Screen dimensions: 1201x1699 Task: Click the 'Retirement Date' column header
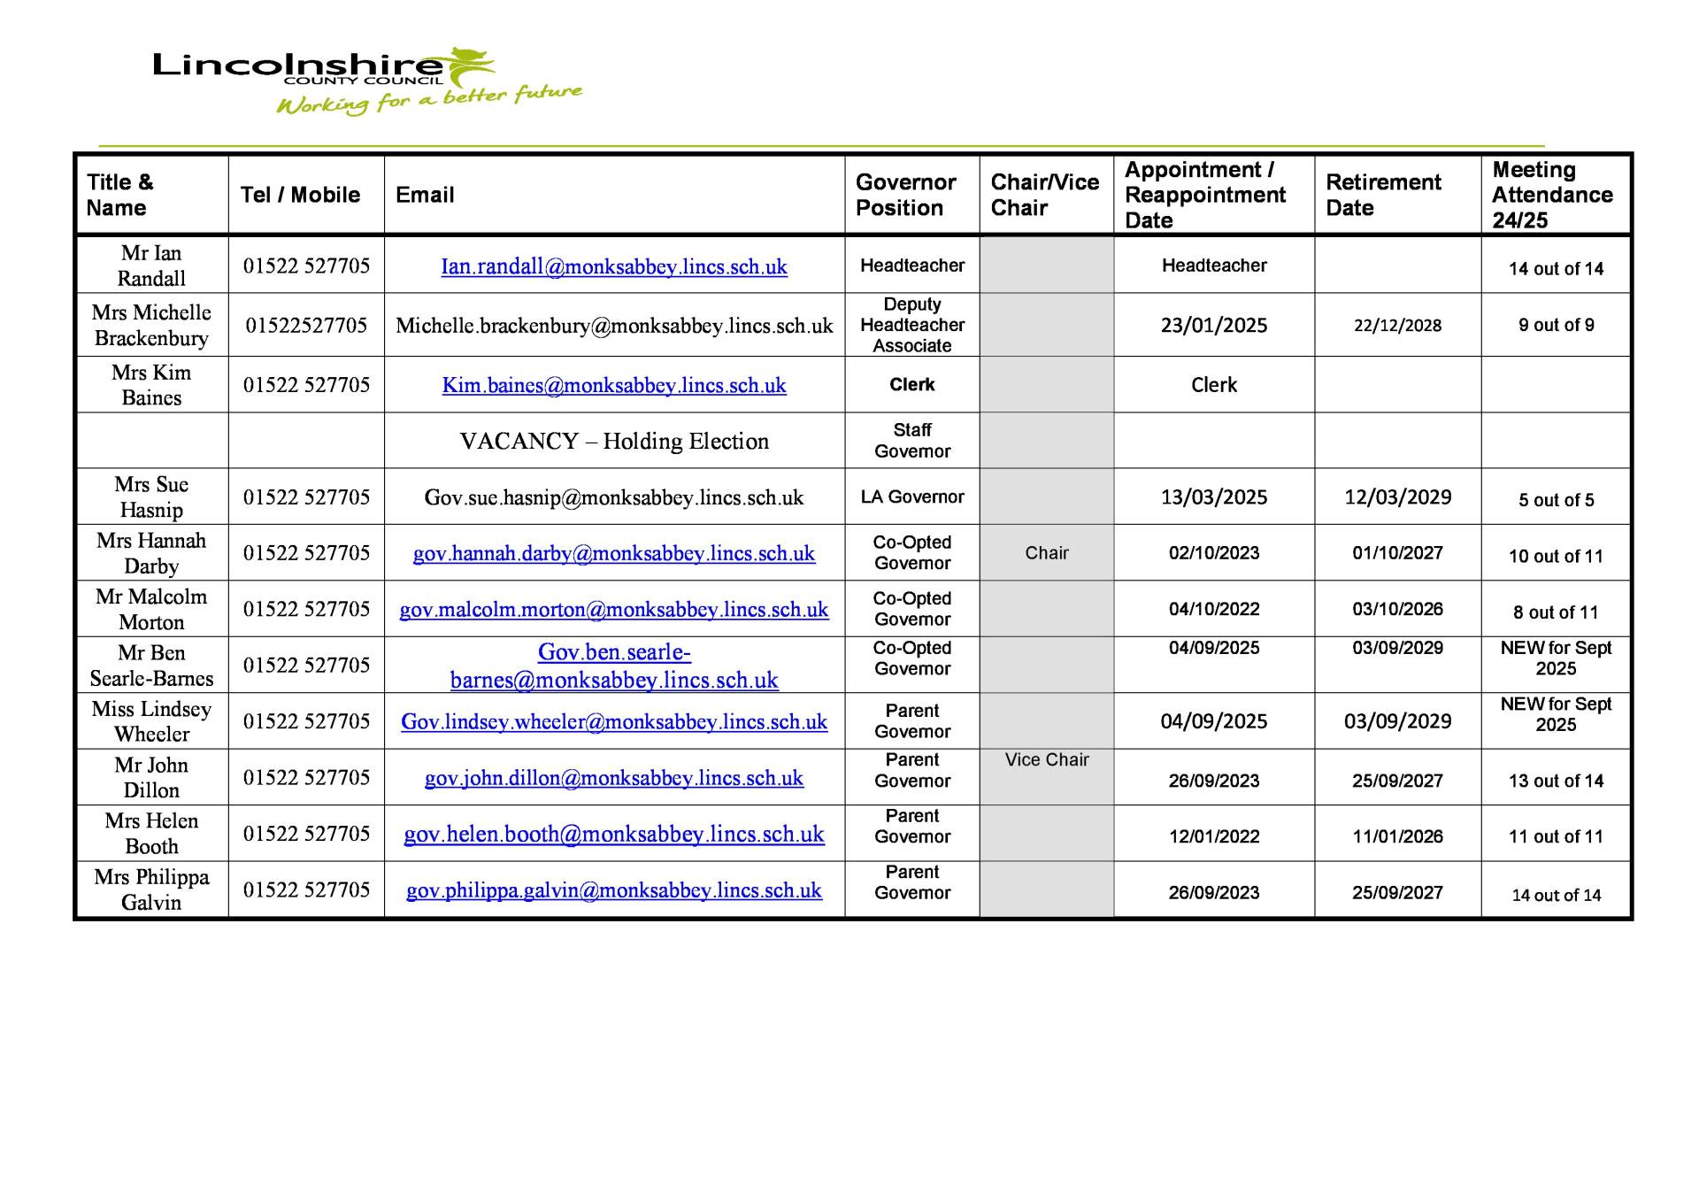pyautogui.click(x=1383, y=195)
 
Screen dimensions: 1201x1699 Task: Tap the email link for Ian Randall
pyautogui.click(x=614, y=266)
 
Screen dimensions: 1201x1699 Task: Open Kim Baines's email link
pyautogui.click(x=614, y=386)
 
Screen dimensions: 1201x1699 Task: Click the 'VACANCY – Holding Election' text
pyautogui.click(x=614, y=441)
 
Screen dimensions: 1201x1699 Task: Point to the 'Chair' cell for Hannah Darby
pyautogui.click(x=1046, y=553)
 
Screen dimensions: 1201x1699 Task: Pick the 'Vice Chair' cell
pyautogui.click(x=1046, y=760)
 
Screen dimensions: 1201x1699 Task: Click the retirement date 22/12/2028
pyautogui.click(x=1397, y=326)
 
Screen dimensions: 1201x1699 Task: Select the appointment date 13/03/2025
pyautogui.click(x=1213, y=497)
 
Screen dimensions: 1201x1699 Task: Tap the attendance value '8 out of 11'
pyautogui.click(x=1556, y=612)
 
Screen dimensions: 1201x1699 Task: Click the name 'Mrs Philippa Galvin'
pyautogui.click(x=151, y=889)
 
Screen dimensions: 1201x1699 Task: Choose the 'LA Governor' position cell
pyautogui.click(x=911, y=497)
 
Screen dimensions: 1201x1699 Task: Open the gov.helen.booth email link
pyautogui.click(x=614, y=835)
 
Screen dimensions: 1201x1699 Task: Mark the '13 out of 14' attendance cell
pyautogui.click(x=1556, y=781)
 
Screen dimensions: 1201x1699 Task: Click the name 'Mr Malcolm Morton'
pyautogui.click(x=151, y=609)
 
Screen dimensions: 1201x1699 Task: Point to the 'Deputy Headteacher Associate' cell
pyautogui.click(x=911, y=325)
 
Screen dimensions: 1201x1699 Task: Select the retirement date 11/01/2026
pyautogui.click(x=1397, y=836)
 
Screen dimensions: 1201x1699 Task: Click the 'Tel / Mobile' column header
pyautogui.click(x=300, y=195)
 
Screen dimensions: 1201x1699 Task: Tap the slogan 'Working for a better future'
pyautogui.click(x=429, y=100)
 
